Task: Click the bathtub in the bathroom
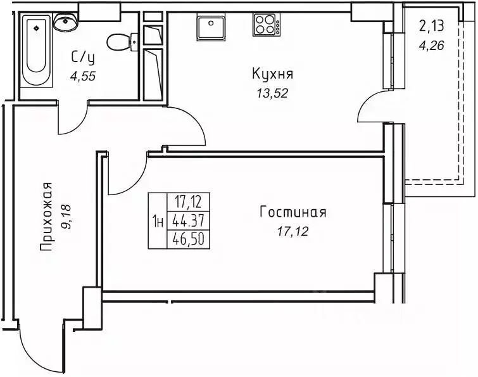tap(37, 51)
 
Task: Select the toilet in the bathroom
tap(118, 43)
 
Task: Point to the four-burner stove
tap(267, 25)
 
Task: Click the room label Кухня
tap(273, 74)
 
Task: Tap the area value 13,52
tap(273, 93)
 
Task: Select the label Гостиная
tap(292, 212)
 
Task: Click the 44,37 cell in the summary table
tap(187, 221)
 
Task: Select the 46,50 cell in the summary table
tap(187, 239)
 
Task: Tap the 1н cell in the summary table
tap(158, 221)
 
